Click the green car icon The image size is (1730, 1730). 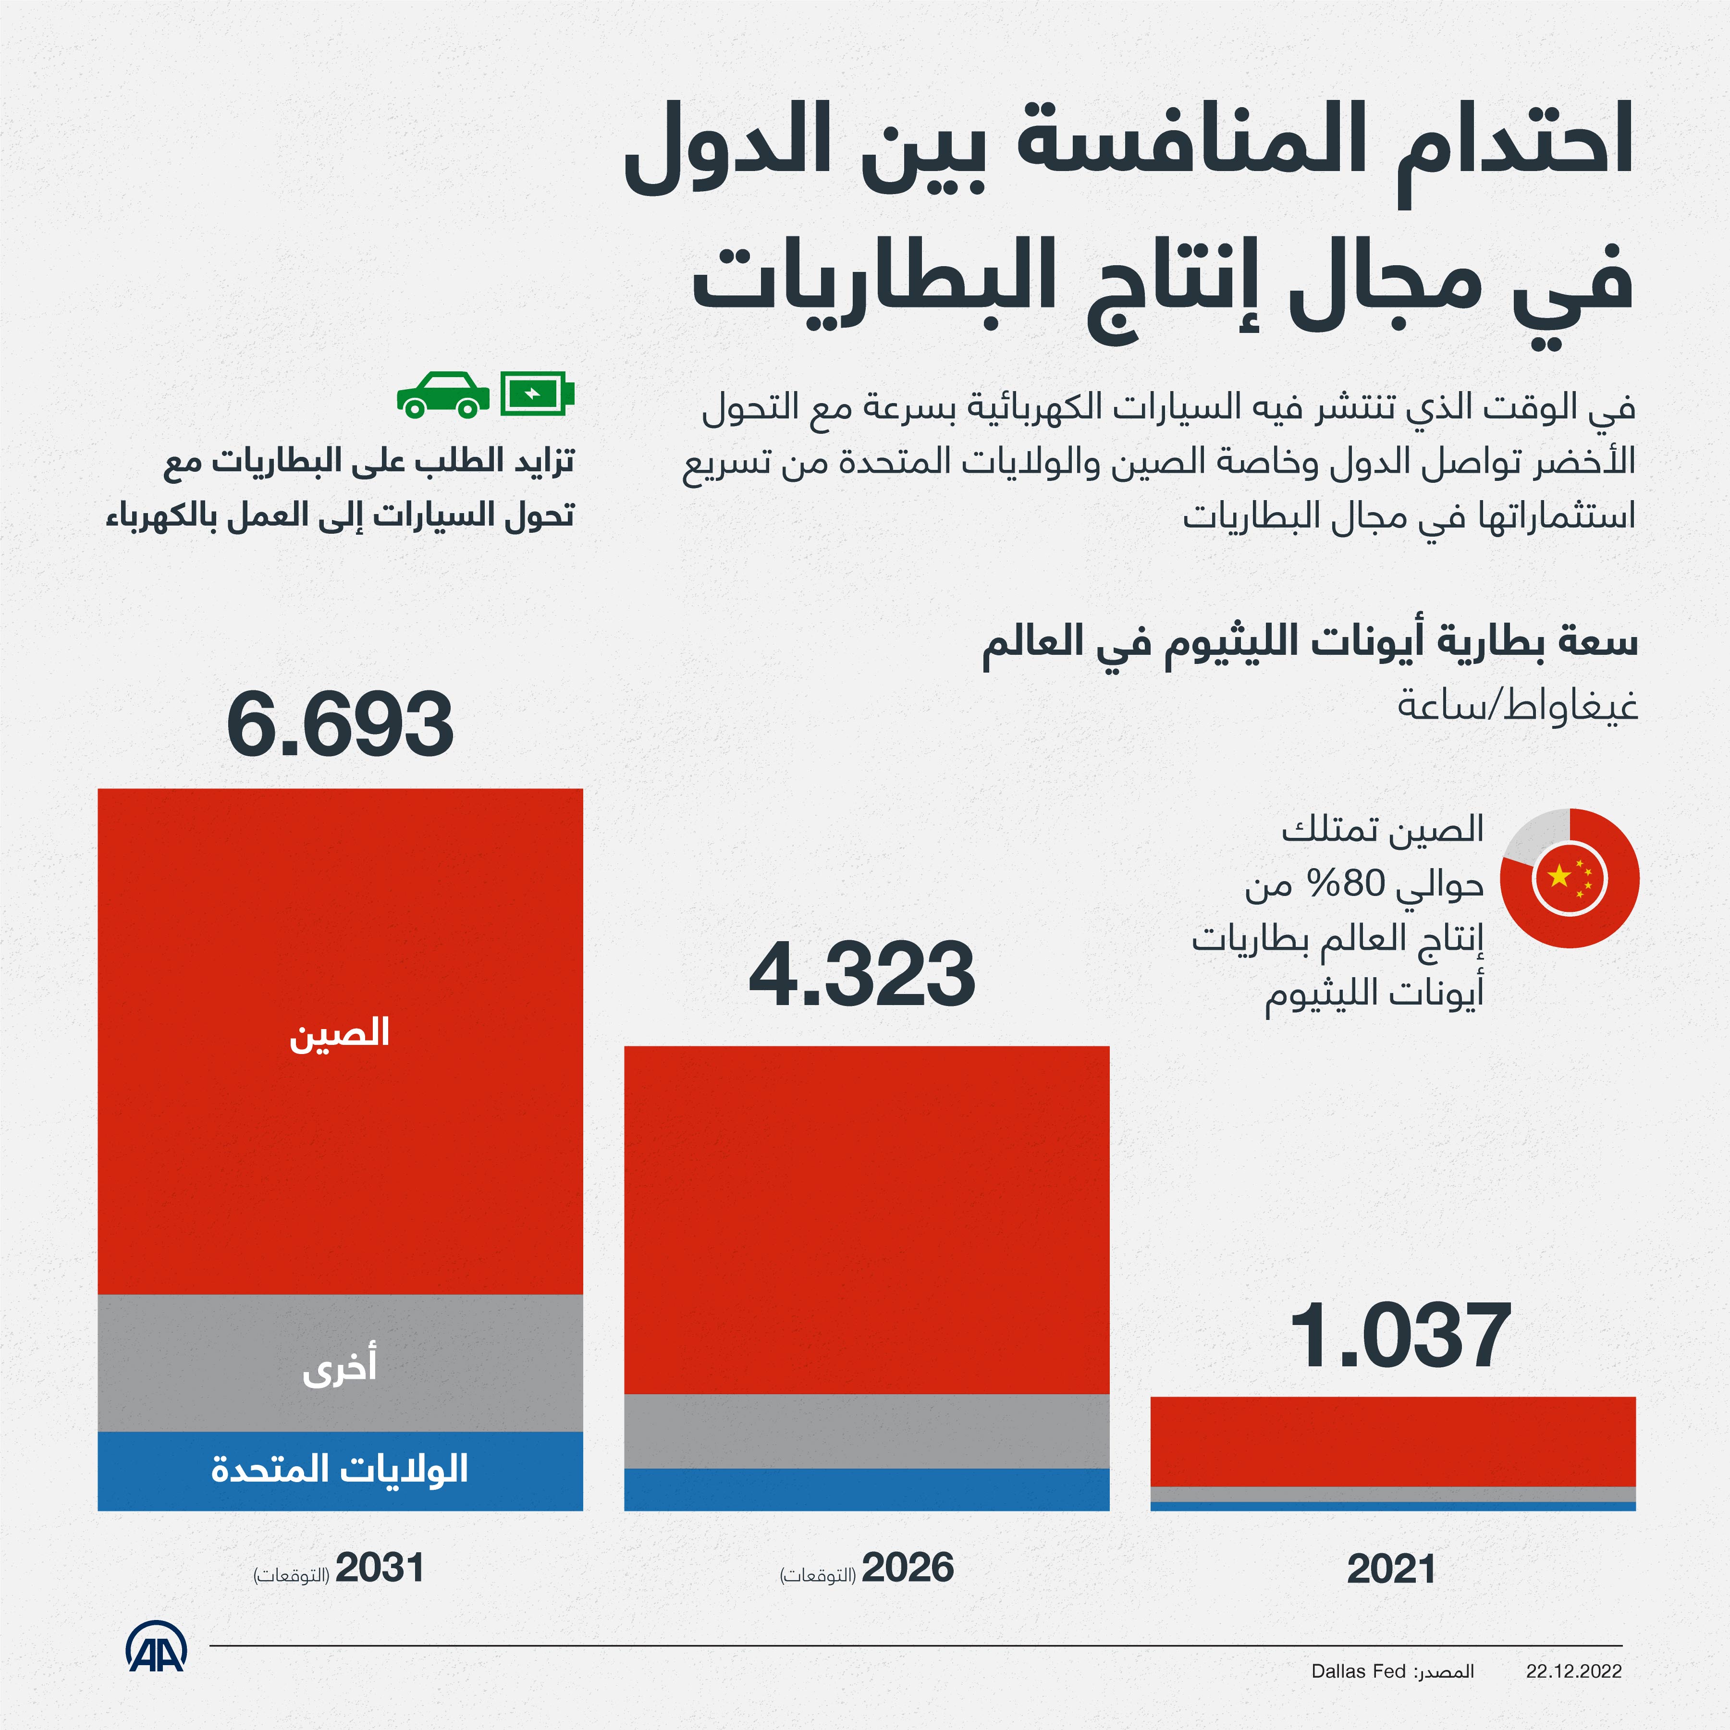(443, 395)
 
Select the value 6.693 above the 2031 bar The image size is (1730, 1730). (340, 724)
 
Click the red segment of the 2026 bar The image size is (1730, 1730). (866, 1218)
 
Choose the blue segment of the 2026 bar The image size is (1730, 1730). (866, 1489)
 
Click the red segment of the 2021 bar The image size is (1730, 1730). (1392, 1442)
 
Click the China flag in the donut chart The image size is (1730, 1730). (1570, 878)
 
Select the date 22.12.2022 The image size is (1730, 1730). (1573, 1671)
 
